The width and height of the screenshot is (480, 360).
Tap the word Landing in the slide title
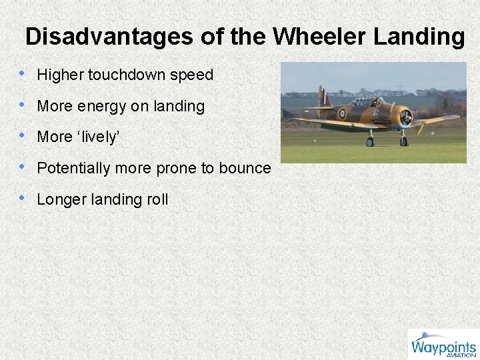(x=419, y=36)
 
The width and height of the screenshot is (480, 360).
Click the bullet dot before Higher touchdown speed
(x=24, y=74)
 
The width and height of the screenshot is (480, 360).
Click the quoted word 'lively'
(x=98, y=137)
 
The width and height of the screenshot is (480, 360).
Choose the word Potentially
(x=73, y=168)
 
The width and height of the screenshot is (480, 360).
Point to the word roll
(x=157, y=199)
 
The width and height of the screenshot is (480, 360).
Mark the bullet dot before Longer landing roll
(x=24, y=199)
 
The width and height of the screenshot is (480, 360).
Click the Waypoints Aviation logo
(x=443, y=345)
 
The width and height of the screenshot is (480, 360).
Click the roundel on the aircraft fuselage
(x=341, y=113)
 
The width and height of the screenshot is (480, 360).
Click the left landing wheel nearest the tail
(x=370, y=141)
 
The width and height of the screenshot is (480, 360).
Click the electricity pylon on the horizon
(x=400, y=87)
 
